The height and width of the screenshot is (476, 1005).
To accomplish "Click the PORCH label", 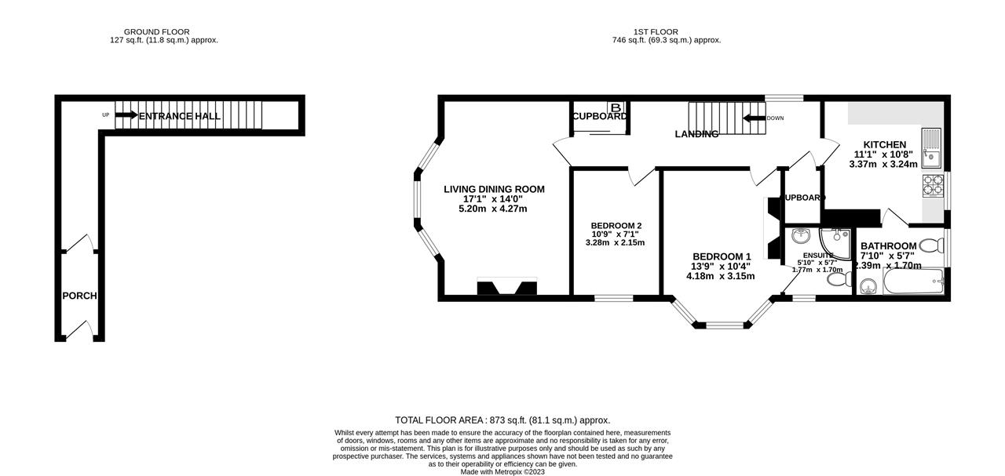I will [79, 296].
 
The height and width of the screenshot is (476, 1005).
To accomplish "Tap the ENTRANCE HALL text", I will [180, 116].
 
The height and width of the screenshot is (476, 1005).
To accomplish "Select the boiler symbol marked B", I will [616, 107].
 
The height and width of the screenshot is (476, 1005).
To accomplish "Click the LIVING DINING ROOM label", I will [494, 189].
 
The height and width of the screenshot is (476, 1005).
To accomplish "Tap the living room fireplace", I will [507, 287].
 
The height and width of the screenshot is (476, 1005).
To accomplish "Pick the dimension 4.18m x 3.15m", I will [720, 276].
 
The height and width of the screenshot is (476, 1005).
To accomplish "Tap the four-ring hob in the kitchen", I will [933, 186].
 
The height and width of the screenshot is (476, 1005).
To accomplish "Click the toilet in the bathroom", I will [931, 246].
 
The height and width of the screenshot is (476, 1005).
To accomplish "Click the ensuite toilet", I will [836, 278].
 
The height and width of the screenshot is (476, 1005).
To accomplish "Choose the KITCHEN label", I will [885, 145].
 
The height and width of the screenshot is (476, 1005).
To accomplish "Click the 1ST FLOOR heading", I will [667, 32].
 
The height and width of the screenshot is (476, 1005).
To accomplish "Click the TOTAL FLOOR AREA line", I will [502, 420].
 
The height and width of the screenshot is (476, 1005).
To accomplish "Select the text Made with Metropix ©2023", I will [502, 471].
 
